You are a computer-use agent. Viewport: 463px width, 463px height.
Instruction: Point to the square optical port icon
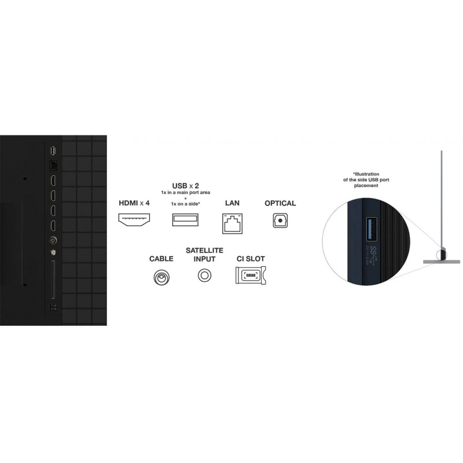(280, 220)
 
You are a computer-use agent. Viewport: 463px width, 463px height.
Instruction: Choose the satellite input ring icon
(204, 277)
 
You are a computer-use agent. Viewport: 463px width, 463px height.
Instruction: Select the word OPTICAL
(280, 203)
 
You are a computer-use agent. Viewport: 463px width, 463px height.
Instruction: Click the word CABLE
(161, 259)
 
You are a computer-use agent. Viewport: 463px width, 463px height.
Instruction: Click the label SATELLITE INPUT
(201, 255)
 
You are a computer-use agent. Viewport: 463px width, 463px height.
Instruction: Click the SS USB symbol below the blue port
(373, 253)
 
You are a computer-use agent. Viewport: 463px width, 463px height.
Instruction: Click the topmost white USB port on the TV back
(53, 151)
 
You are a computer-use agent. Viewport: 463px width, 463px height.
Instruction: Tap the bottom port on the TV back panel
(53, 307)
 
